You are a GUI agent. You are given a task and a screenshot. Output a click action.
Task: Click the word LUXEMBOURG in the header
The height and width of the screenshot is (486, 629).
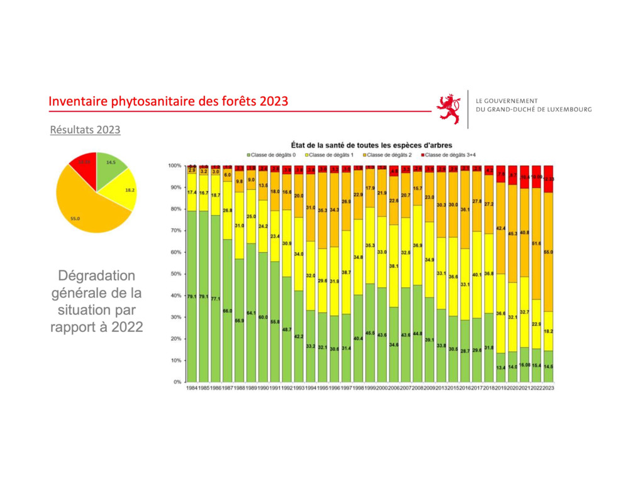coord(569,109)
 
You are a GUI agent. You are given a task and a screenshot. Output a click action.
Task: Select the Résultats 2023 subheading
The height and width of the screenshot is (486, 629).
coord(86,130)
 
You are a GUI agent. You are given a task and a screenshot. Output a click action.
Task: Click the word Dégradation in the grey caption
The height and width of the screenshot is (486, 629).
coord(96,277)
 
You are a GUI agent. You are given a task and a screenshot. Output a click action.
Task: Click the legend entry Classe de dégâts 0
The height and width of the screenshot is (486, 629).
coord(273,155)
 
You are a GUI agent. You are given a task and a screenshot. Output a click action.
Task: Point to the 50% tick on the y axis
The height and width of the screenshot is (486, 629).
coord(175,273)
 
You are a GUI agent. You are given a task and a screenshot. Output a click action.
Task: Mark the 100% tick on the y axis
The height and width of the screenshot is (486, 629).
coord(174,165)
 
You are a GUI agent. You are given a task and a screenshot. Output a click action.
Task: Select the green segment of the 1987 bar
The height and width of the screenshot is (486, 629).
coord(228,311)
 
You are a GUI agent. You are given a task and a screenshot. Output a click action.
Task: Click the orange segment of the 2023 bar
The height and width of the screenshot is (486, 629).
coord(549,251)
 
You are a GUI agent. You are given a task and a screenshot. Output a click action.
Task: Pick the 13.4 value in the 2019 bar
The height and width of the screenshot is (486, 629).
coord(501,367)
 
